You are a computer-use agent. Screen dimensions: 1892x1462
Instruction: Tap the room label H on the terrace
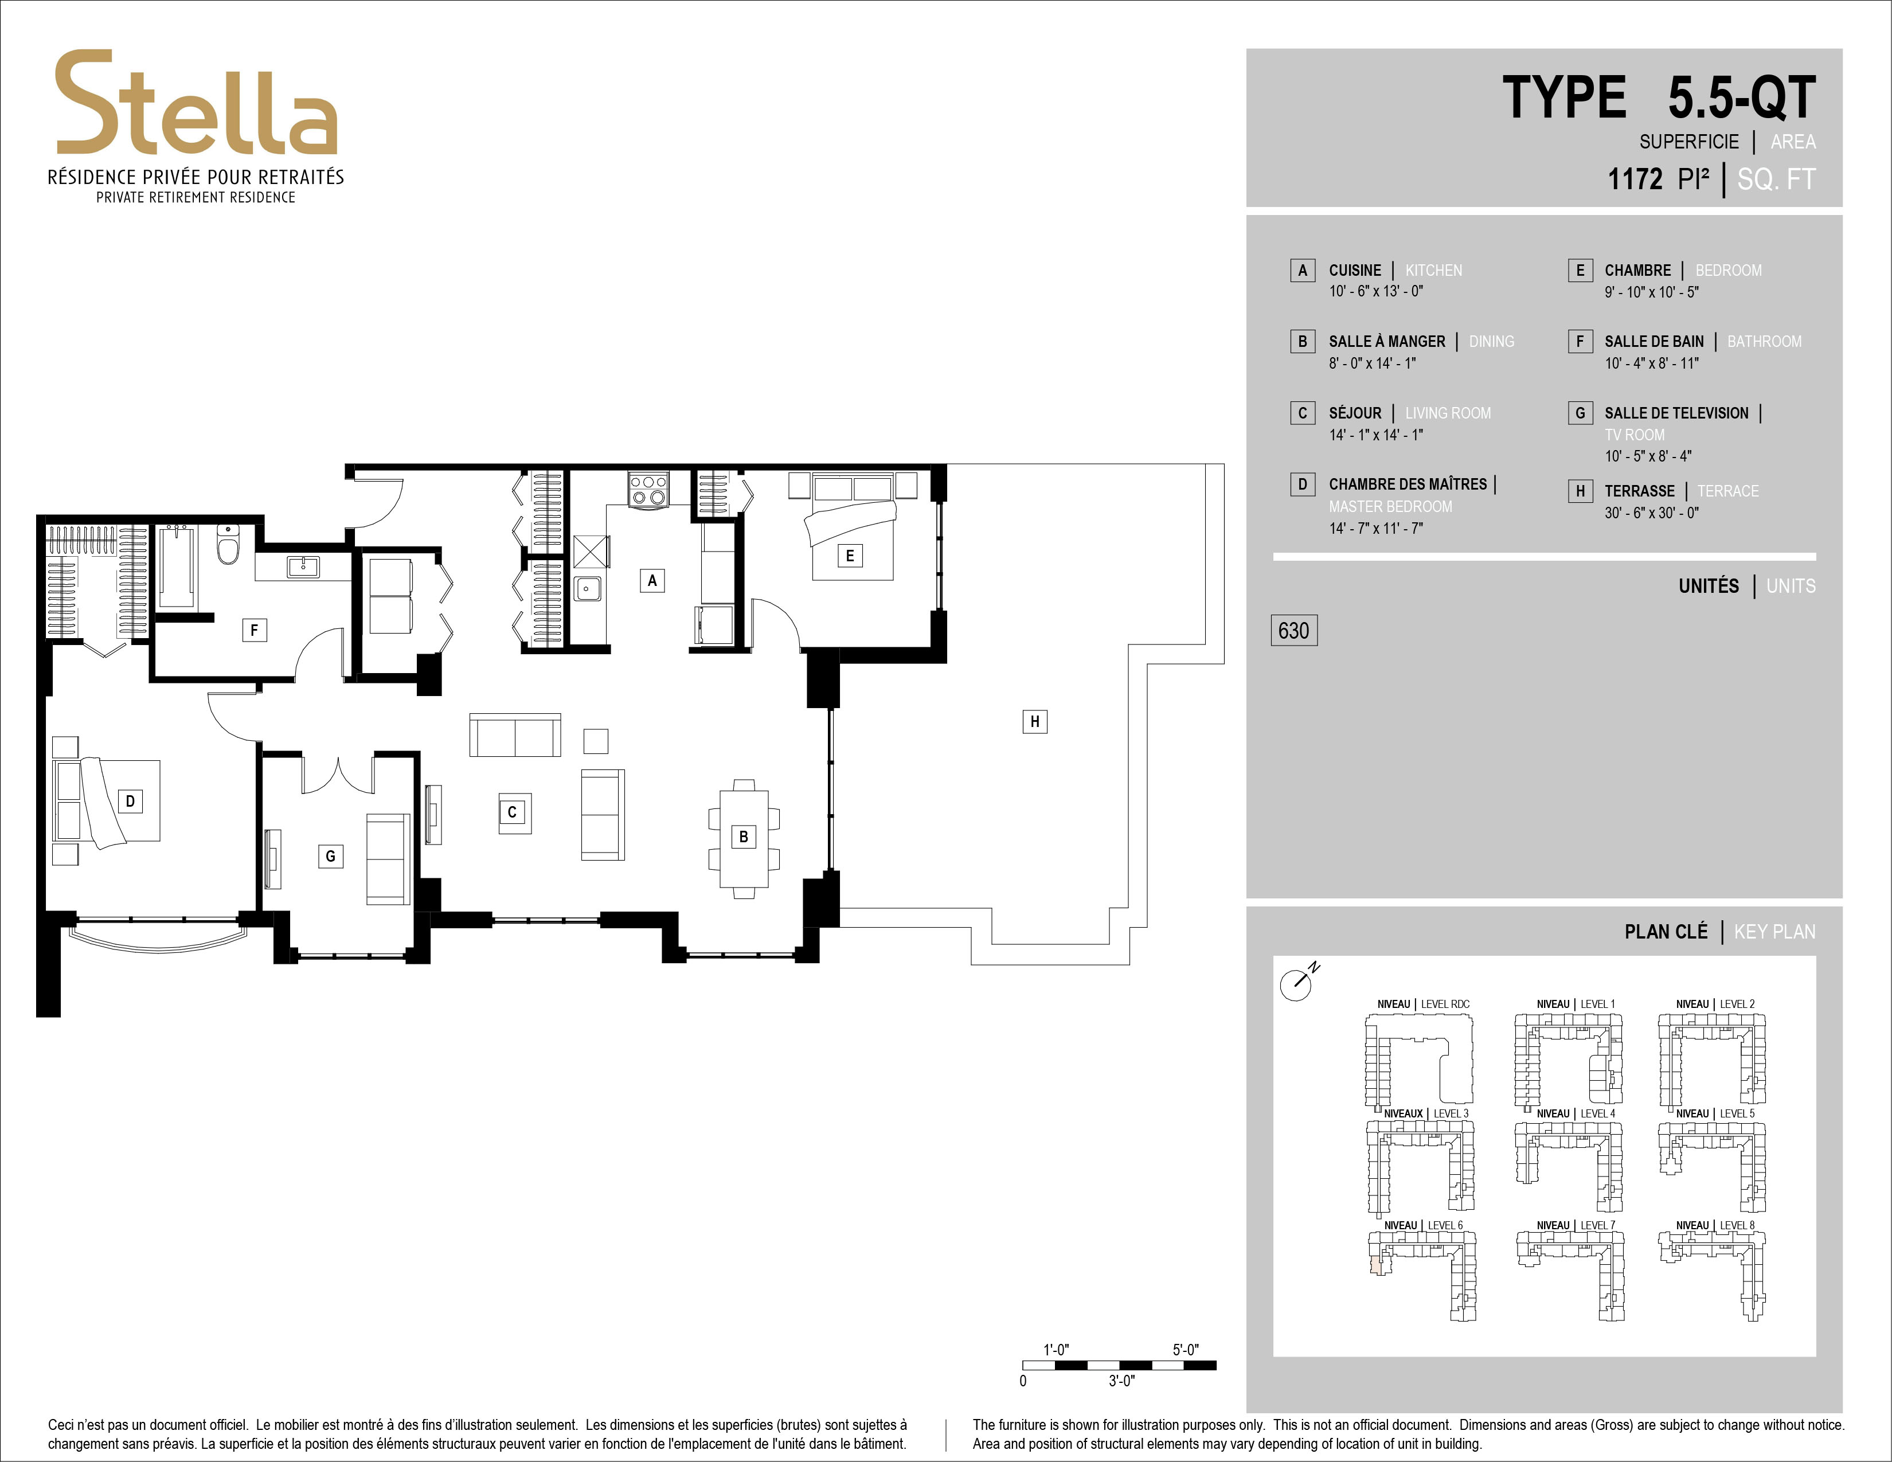(1034, 721)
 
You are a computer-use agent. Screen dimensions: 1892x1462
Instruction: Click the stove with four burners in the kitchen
(648, 490)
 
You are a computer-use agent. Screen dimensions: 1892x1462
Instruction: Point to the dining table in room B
(743, 838)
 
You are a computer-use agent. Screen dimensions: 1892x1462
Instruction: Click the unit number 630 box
(1293, 630)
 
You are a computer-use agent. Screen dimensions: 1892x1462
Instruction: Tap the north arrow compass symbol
(1297, 983)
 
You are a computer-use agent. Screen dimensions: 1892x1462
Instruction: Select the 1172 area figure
(1635, 179)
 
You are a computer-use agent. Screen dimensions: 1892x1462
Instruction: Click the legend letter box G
(1580, 413)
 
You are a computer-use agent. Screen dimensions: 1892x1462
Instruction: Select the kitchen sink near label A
(587, 589)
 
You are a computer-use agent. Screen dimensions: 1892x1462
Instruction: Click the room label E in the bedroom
(849, 555)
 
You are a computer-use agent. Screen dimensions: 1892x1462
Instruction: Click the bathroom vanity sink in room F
(303, 567)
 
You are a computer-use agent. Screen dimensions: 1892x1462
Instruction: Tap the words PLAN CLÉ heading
(1666, 932)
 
